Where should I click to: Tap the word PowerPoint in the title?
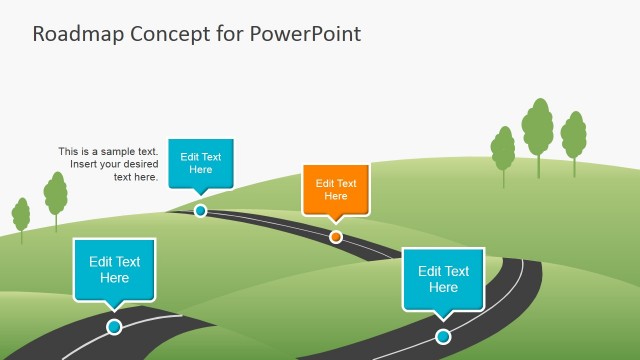click(x=307, y=33)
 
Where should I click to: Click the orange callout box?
click(x=336, y=189)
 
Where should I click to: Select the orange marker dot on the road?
click(x=336, y=237)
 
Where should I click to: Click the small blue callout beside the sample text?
click(x=200, y=162)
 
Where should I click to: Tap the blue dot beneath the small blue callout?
click(x=200, y=211)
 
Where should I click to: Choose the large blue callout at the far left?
click(x=114, y=269)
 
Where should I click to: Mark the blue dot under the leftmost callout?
click(x=114, y=327)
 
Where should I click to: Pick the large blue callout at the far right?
click(x=443, y=278)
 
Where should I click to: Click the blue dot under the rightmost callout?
click(x=443, y=336)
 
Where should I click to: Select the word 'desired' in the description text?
click(x=139, y=164)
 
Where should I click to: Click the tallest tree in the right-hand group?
click(x=537, y=127)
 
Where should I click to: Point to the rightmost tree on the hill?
click(x=573, y=135)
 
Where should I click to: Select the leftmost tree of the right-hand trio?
click(x=503, y=149)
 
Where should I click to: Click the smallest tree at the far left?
click(x=21, y=215)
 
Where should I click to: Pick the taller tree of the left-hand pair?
click(x=56, y=194)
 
